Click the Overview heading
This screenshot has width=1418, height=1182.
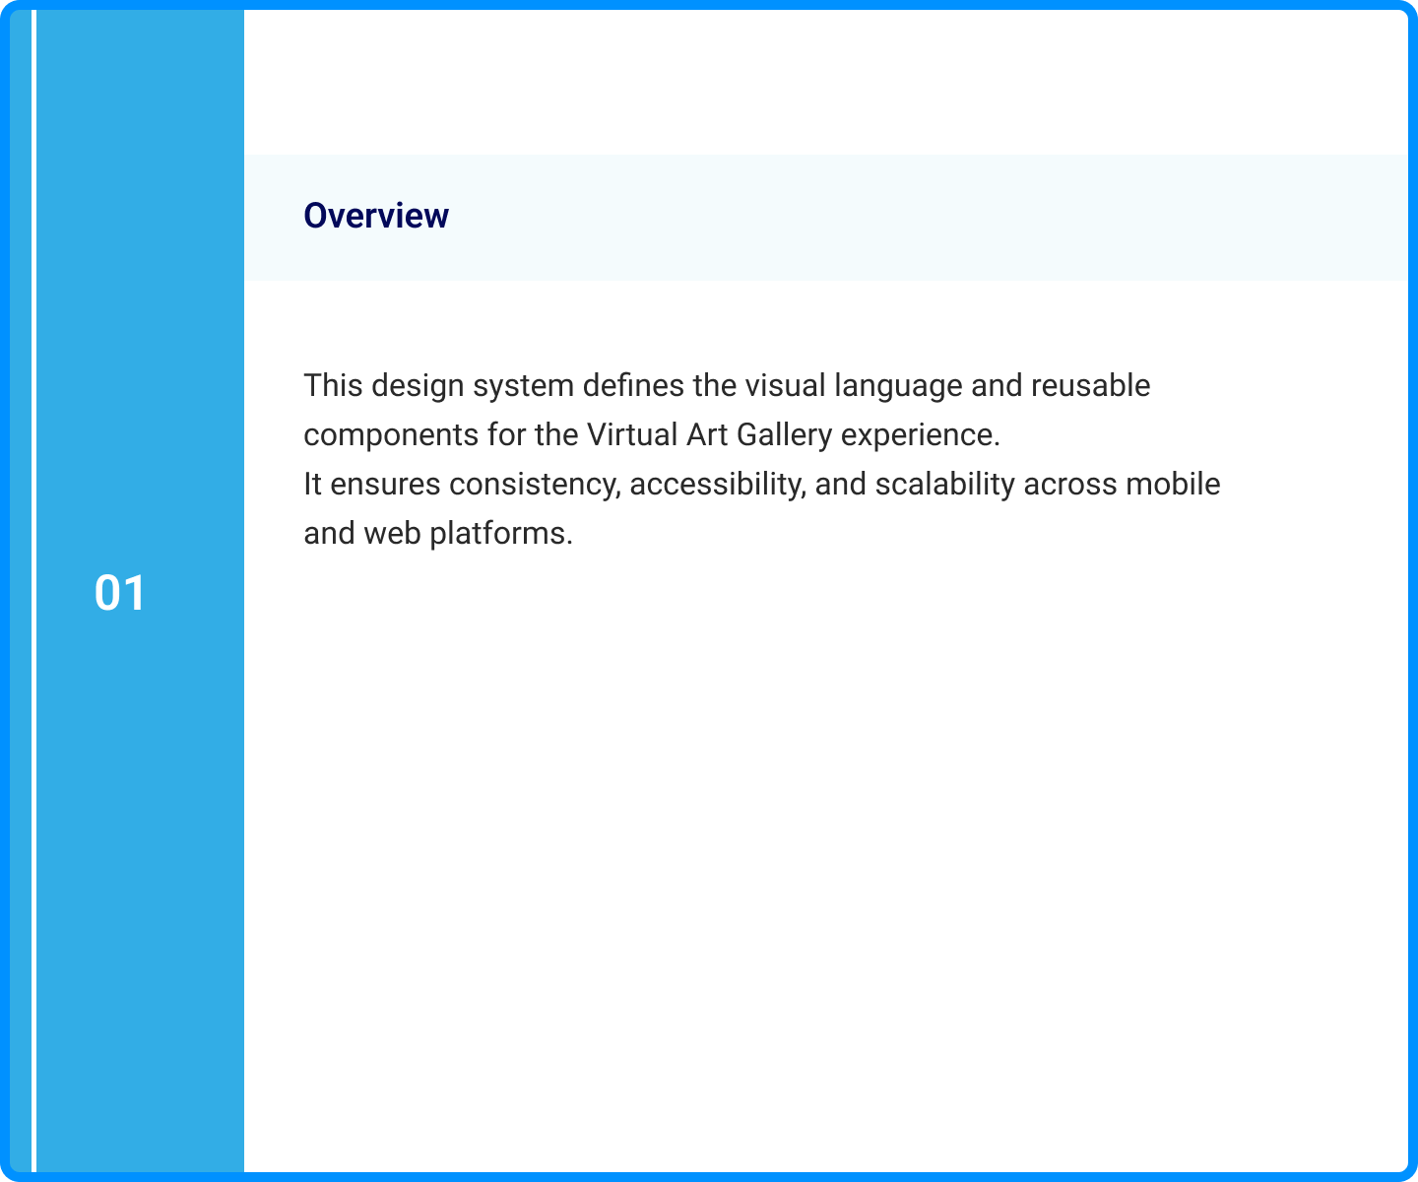[x=375, y=216]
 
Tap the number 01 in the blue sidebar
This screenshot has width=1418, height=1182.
[x=119, y=593]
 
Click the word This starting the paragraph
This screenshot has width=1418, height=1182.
[x=333, y=385]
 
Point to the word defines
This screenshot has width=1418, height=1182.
[x=633, y=385]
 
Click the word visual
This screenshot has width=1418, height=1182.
[x=786, y=385]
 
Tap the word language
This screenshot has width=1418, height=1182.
[x=898, y=386]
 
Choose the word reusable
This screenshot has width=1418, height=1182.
[x=1091, y=385]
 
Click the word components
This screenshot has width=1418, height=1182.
[x=391, y=435]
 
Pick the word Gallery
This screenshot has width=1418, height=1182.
[x=785, y=435]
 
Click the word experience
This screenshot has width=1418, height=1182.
[x=920, y=435]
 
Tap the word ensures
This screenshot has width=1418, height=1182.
[x=385, y=485]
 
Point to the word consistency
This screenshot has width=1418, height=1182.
[x=535, y=485]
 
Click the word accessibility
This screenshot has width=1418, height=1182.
[x=718, y=485]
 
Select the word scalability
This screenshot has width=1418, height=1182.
[x=944, y=485]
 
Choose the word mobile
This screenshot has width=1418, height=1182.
[x=1173, y=484]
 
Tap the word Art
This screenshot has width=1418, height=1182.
[x=707, y=434]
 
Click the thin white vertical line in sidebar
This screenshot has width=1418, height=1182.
[x=33, y=591]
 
